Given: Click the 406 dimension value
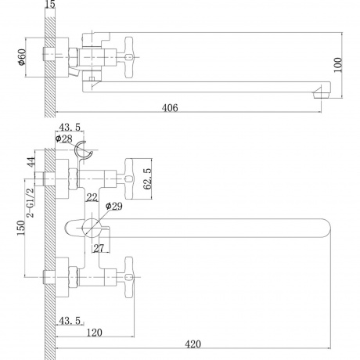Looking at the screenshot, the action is tap(170, 108).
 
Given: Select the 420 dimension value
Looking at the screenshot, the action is tap(193, 344).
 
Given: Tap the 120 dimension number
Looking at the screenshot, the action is tap(95, 333).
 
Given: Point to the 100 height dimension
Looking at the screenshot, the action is tap(338, 65).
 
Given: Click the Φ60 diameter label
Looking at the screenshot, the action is tap(22, 57).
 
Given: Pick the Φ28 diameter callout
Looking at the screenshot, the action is tap(64, 139).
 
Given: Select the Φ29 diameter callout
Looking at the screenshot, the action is tap(114, 206).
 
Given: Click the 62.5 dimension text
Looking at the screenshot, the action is tap(148, 178).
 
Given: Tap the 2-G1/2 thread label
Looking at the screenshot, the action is tap(31, 203).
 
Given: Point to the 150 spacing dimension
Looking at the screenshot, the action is tap(21, 228).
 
